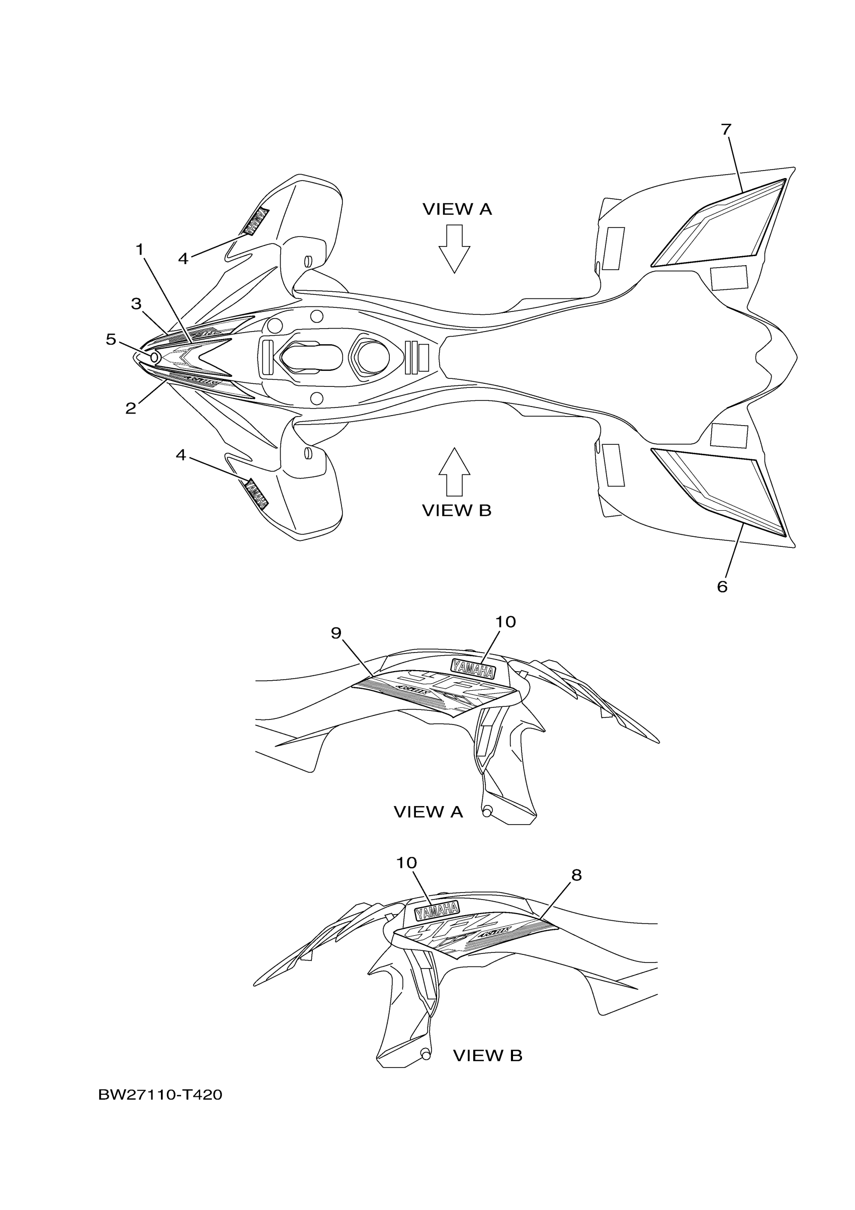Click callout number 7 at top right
pos(726,129)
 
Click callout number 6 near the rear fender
pos(722,587)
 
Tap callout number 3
pos(136,303)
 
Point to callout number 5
pos(111,340)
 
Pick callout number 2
pos(131,408)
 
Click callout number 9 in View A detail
pos(336,633)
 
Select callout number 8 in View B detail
pos(576,875)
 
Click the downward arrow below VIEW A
pos(454,248)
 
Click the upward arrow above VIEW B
pos(454,471)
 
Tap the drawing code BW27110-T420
pos(160,1095)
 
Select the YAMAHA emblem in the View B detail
pos(437,909)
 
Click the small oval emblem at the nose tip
pos(155,357)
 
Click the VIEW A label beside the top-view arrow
pos(457,209)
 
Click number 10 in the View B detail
pos(406,863)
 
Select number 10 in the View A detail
pos(505,622)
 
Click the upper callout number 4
pos(183,259)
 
